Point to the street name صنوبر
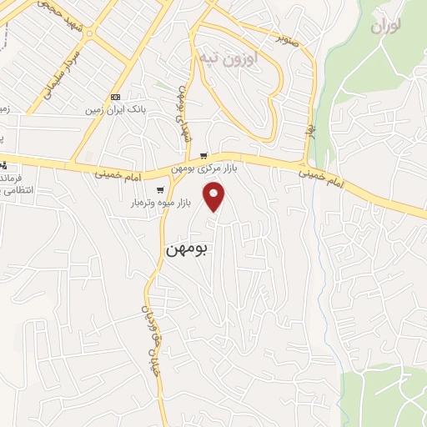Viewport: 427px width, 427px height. [x=288, y=37]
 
